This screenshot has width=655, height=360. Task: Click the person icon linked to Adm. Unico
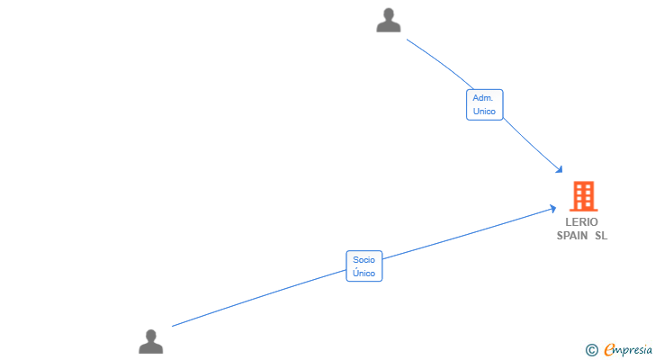(389, 20)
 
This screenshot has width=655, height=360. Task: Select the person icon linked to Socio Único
(151, 342)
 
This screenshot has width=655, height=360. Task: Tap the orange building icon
(584, 196)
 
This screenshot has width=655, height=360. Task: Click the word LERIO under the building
(581, 221)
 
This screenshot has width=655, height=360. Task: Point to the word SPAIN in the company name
(572, 236)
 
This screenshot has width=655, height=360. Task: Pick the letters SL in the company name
(601, 236)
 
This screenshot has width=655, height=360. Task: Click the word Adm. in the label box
(483, 98)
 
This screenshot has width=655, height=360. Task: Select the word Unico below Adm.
(484, 112)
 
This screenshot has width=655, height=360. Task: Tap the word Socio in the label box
(363, 260)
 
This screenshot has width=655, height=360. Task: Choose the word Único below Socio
(363, 273)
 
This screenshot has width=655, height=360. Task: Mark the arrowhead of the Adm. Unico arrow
(560, 169)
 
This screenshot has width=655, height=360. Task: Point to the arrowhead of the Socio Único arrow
(552, 209)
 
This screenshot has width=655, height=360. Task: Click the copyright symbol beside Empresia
(591, 350)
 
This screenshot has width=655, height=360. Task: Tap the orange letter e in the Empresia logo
(610, 349)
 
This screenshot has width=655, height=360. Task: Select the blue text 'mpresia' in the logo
(634, 350)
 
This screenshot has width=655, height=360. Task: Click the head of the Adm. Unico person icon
(389, 13)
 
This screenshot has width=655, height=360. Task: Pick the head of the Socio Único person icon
(151, 336)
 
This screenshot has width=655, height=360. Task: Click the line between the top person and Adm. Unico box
(442, 63)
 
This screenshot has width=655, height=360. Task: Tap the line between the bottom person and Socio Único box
(259, 298)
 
